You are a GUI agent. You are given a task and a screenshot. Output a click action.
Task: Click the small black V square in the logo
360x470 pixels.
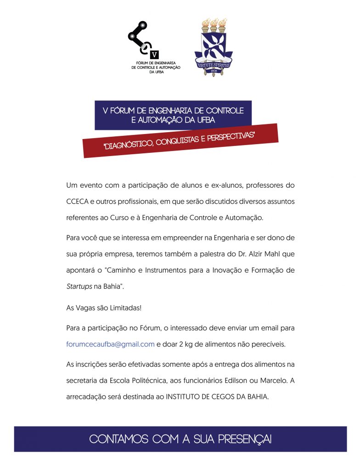(154, 54)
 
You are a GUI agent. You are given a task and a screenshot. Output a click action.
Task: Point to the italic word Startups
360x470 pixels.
(79, 286)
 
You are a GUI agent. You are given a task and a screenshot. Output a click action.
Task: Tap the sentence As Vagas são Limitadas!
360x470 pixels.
(103, 308)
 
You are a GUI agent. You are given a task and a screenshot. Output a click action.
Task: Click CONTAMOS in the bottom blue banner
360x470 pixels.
(116, 439)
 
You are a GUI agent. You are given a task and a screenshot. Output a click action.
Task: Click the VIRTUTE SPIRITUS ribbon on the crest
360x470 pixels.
(213, 65)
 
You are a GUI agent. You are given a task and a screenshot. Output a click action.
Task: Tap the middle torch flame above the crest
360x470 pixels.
(213, 22)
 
